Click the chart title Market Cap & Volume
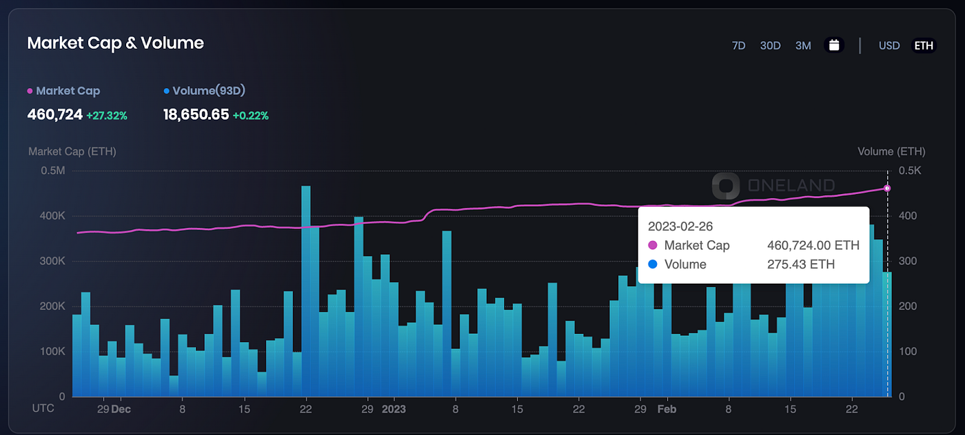click(x=115, y=43)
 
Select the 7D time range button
click(x=738, y=45)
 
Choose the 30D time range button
click(x=770, y=45)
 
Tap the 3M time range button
click(x=803, y=45)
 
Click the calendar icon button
click(x=834, y=45)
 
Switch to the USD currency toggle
click(x=889, y=45)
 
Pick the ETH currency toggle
click(x=924, y=45)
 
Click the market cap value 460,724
click(x=54, y=115)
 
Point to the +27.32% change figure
click(x=107, y=116)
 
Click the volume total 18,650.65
click(x=196, y=115)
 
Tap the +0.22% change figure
click(x=251, y=116)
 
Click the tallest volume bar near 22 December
click(x=306, y=289)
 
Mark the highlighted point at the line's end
click(x=887, y=188)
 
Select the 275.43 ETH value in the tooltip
click(x=801, y=264)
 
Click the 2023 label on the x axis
click(x=394, y=409)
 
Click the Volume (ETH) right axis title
click(x=891, y=151)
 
